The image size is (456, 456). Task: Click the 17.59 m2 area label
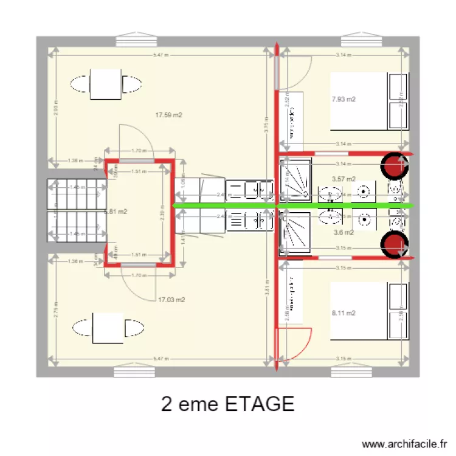pos(169,115)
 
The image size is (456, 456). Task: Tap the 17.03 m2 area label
pos(171,299)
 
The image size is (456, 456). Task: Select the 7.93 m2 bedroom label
pos(344,99)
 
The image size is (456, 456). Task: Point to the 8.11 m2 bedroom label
pos(344,313)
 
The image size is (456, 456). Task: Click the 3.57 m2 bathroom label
pos(344,179)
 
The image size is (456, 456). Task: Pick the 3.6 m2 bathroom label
pos(344,232)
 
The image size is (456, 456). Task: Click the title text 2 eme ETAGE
pos(228,404)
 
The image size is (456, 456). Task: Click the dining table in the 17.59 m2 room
pos(107,84)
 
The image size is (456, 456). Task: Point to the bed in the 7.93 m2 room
pos(359,101)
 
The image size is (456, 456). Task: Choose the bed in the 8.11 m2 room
pos(359,310)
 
